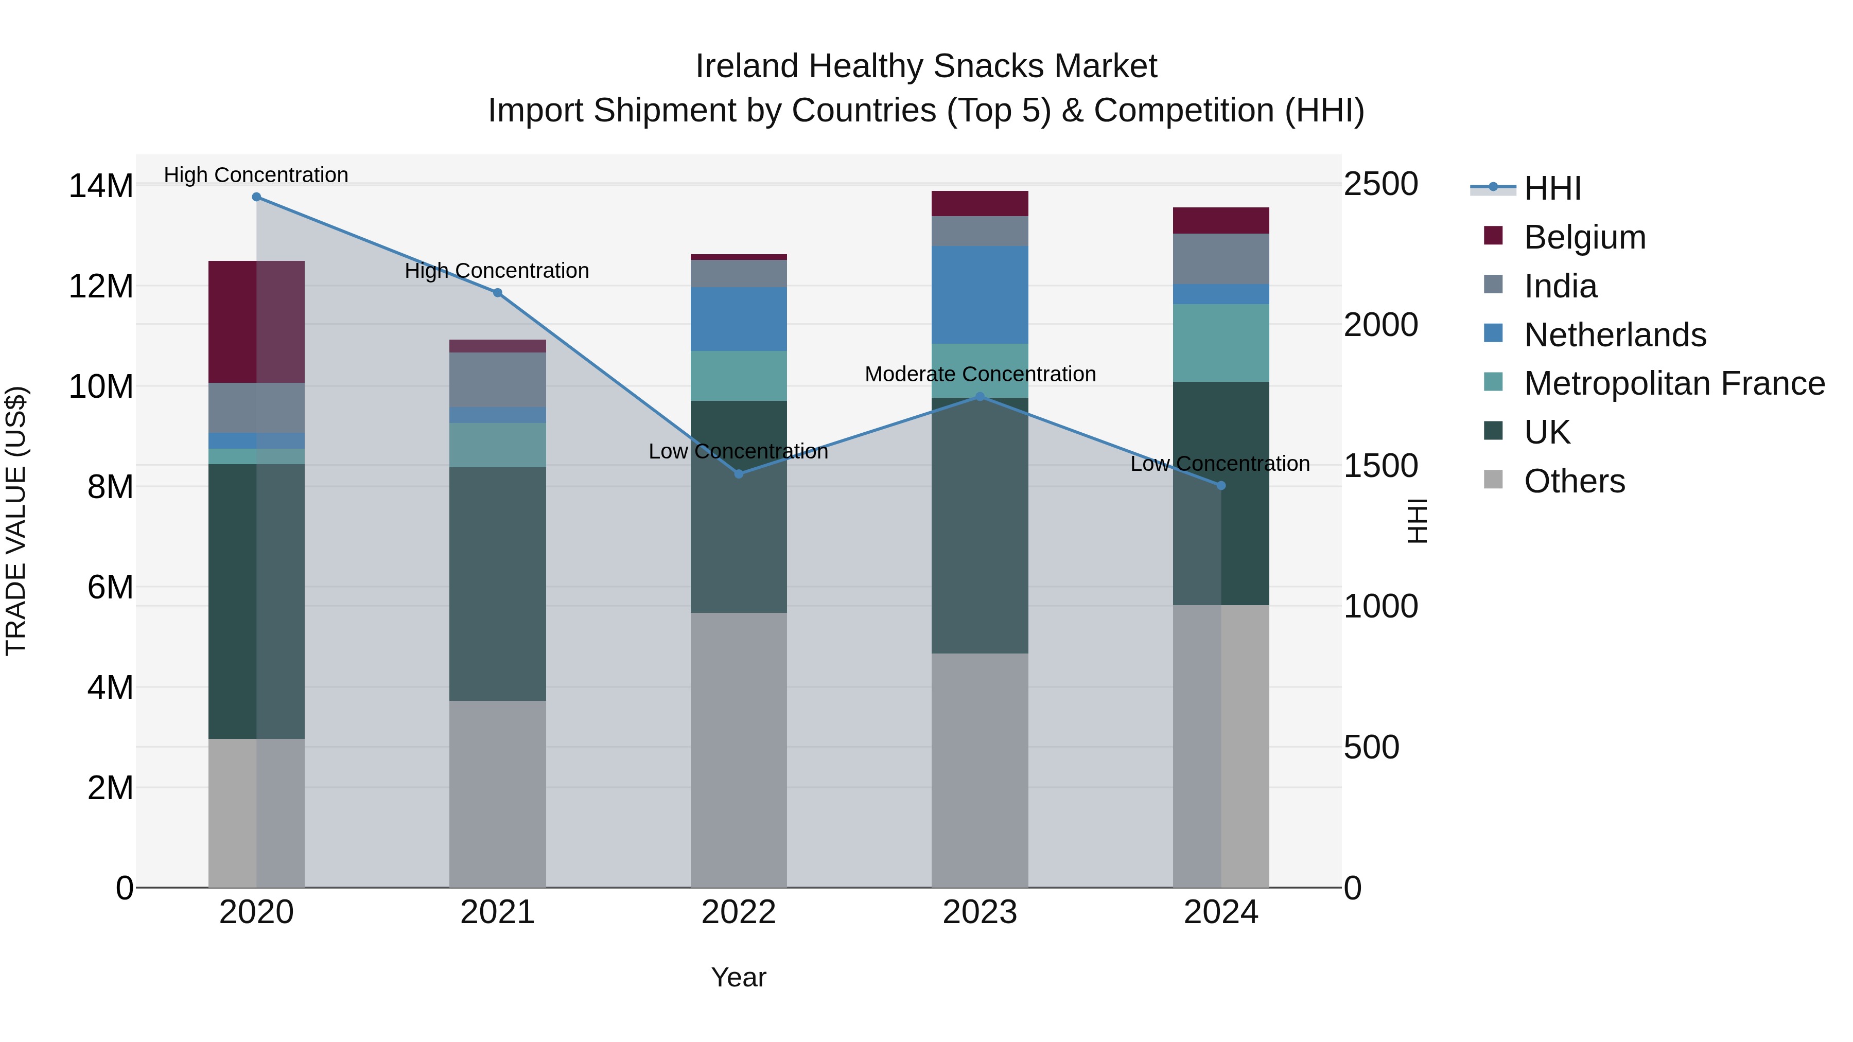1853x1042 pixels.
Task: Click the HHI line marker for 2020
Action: [256, 197]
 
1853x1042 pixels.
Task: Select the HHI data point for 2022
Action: [739, 474]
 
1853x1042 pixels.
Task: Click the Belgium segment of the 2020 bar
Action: [256, 322]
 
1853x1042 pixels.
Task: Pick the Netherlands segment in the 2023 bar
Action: [980, 295]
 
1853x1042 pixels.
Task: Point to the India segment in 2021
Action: [497, 380]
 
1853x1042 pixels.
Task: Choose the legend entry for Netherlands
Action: [1614, 335]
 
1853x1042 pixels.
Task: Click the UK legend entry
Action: [1547, 432]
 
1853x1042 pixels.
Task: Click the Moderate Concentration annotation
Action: [980, 374]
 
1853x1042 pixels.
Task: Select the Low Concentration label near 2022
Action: [738, 452]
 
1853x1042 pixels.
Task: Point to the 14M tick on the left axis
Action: [101, 186]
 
